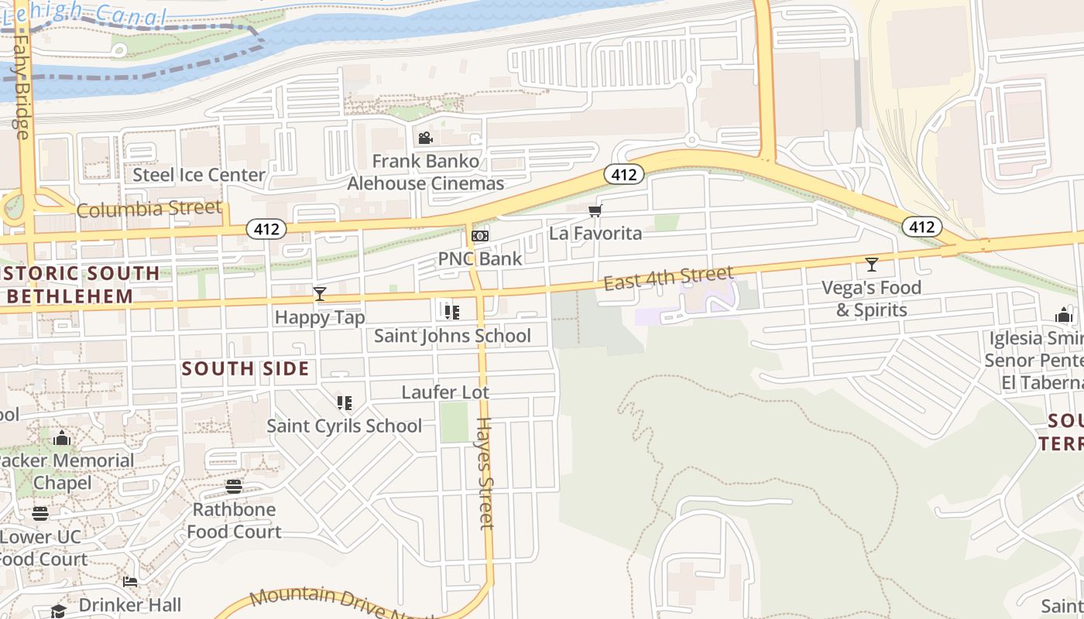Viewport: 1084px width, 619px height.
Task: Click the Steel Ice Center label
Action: [x=199, y=175]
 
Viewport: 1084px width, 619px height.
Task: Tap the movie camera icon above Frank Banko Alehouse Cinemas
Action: [x=425, y=139]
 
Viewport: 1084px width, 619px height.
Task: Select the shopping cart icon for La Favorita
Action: [x=595, y=210]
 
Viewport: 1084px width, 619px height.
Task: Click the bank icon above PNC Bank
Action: [x=480, y=236]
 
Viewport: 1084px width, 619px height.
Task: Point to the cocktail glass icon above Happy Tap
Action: [x=319, y=294]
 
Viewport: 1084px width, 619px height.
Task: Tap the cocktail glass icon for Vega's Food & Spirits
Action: [x=871, y=265]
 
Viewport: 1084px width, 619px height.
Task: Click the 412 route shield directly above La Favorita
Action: [x=623, y=175]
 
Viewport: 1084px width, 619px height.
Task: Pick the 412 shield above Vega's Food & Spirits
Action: [x=921, y=227]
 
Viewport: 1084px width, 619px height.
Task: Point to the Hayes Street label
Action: [x=485, y=474]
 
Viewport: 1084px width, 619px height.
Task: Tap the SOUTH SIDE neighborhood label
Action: [x=245, y=369]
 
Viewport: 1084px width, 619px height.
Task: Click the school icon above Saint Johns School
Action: [x=452, y=313]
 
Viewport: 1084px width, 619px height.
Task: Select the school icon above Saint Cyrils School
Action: [x=345, y=402]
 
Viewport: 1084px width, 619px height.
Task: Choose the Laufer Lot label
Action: [x=445, y=392]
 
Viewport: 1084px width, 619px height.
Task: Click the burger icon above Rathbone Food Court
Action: [x=233, y=487]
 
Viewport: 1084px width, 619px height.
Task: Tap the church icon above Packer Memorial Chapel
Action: [x=62, y=439]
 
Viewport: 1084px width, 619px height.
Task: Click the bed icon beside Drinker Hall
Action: [x=130, y=582]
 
